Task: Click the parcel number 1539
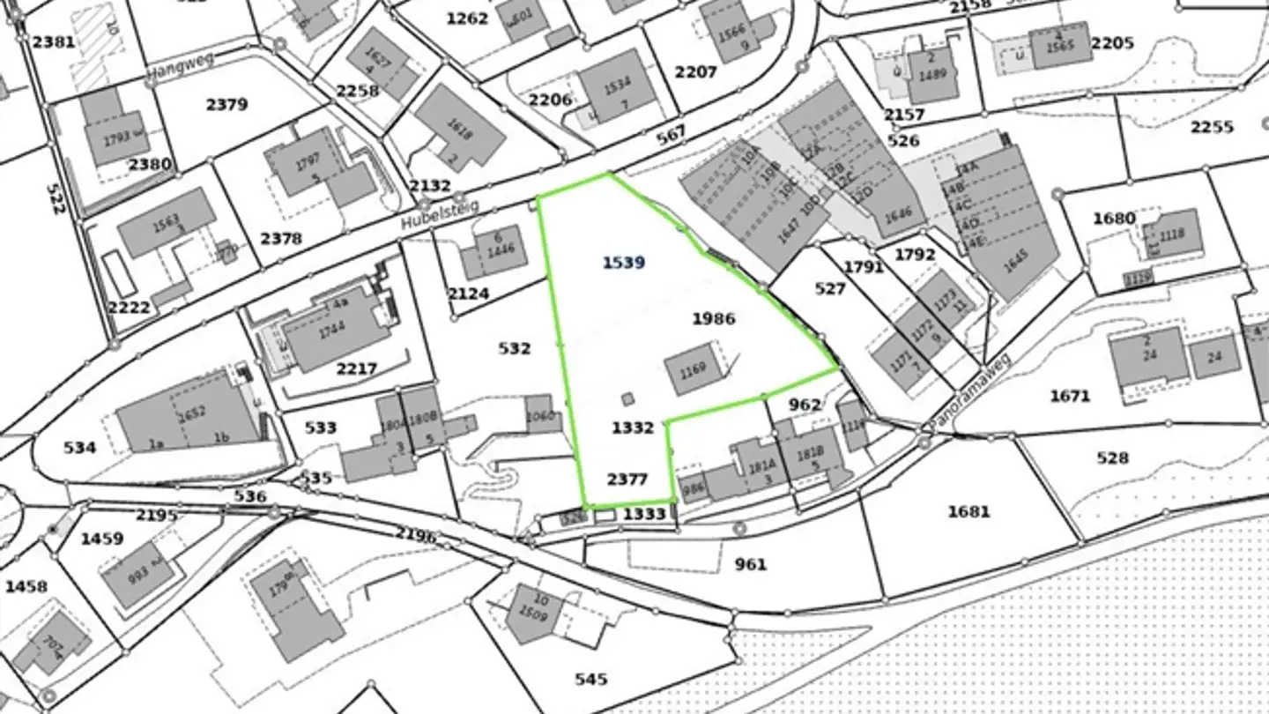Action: [624, 263]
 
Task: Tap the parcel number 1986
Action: [713, 318]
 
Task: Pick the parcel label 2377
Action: [627, 480]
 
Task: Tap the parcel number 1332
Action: [633, 428]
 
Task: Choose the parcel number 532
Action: [514, 349]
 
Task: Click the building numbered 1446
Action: [500, 250]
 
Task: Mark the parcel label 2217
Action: [356, 368]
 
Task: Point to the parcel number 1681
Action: [968, 511]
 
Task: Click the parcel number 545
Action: [590, 679]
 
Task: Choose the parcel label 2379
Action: [226, 105]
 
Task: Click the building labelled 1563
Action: [166, 221]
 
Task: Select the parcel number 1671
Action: [1070, 397]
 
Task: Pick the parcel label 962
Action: [805, 405]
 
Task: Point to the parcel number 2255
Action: [1212, 127]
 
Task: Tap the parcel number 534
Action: [79, 448]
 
